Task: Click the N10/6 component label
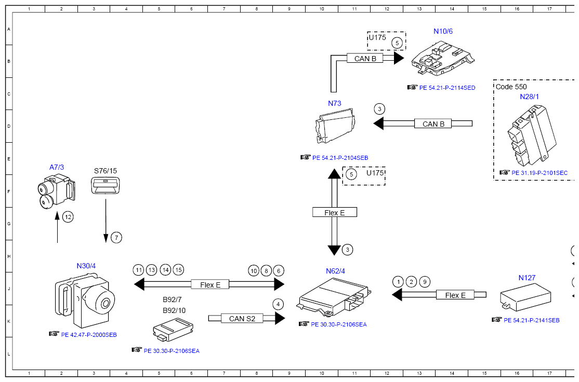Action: pos(443,31)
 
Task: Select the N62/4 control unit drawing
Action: pos(334,297)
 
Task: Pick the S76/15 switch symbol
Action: pos(106,185)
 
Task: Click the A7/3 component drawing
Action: pos(57,192)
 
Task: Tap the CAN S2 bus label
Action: pos(242,319)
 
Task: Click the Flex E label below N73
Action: pos(335,212)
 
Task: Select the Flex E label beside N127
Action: pos(455,295)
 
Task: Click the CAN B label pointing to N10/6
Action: pos(365,59)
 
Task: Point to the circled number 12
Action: pos(68,217)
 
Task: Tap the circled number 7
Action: pos(116,238)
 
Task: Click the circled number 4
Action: pos(278,305)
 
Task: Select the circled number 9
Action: pos(425,282)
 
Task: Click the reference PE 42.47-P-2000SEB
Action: pos(89,335)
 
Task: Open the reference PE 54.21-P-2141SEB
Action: pos(532,320)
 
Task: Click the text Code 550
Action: pos(511,87)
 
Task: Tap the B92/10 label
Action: pos(174,310)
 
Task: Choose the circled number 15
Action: pos(179,270)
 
